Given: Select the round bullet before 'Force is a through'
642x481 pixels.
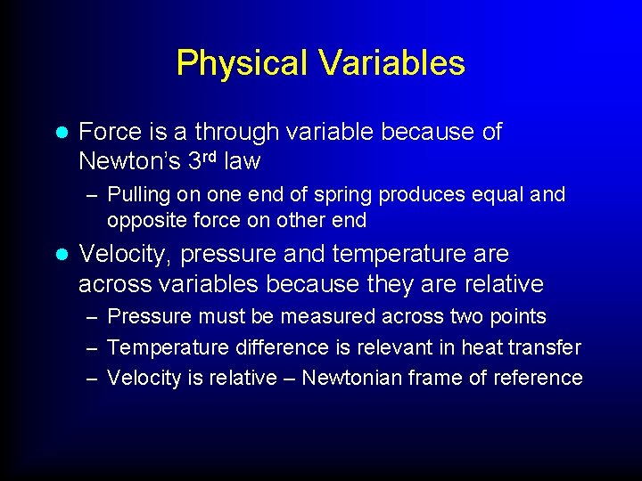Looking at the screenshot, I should click(x=61, y=133).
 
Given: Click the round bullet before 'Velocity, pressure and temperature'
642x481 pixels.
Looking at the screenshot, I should click(x=61, y=255).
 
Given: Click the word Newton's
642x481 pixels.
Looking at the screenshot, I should click(x=128, y=161).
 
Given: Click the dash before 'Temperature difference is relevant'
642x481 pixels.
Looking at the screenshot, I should click(x=92, y=347).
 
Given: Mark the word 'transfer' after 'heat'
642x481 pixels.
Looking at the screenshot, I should click(x=543, y=346).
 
